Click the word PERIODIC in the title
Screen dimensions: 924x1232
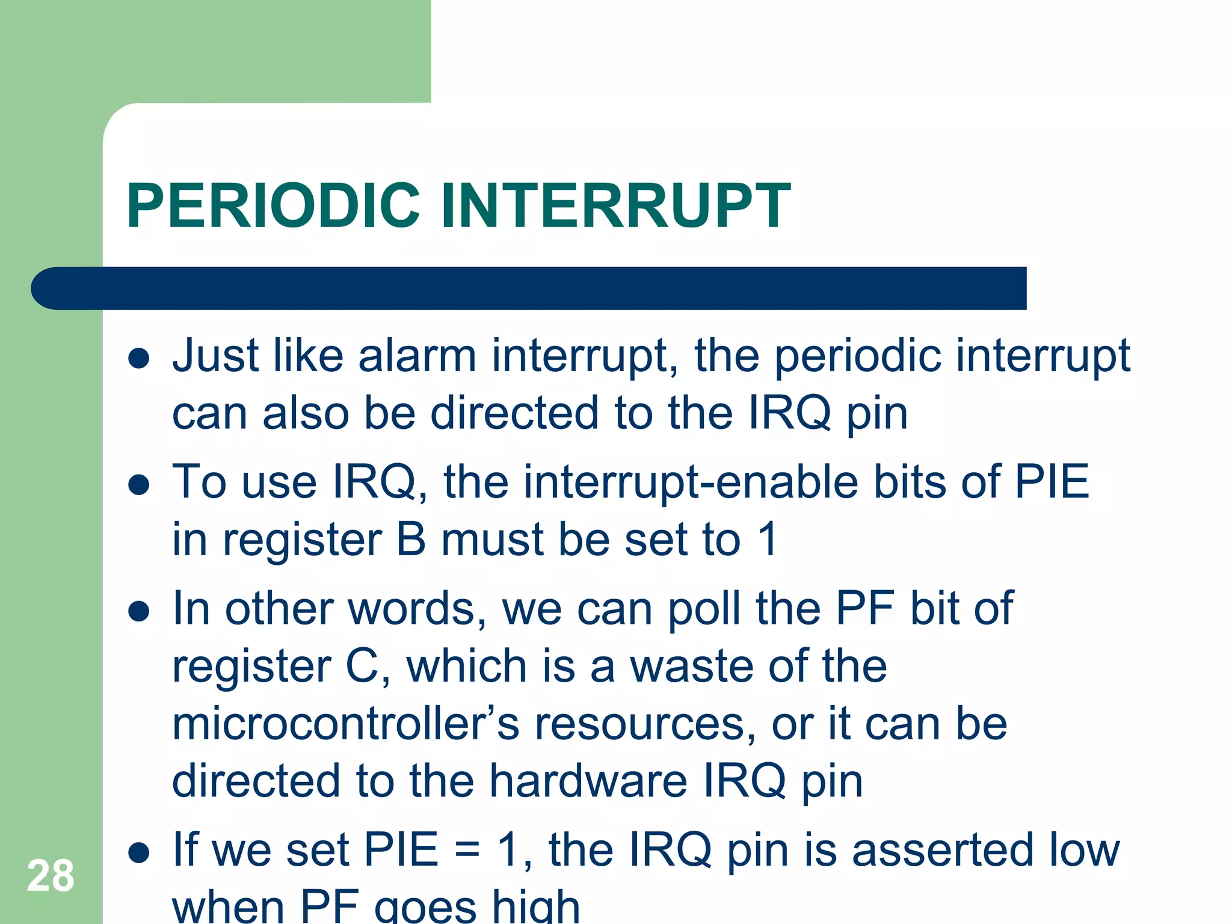pyautogui.click(x=273, y=206)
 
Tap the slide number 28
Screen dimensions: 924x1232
pyautogui.click(x=51, y=876)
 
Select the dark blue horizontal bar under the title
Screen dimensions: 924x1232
pyautogui.click(x=529, y=288)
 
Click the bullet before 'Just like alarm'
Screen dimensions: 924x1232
pyautogui.click(x=139, y=359)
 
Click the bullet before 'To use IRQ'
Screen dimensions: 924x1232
pyautogui.click(x=139, y=485)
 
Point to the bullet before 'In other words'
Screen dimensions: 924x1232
pyautogui.click(x=139, y=611)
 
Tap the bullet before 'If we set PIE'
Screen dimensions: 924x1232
pyautogui.click(x=139, y=852)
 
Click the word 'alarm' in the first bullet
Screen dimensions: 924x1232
pyautogui.click(x=417, y=356)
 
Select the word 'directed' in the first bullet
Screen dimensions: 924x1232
pyautogui.click(x=514, y=414)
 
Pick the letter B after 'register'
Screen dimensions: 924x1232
pyautogui.click(x=411, y=540)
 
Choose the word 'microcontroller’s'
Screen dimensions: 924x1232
pyautogui.click(x=345, y=724)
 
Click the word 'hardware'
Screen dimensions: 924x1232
pyautogui.click(x=588, y=781)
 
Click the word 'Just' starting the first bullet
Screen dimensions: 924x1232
pyautogui.click(x=215, y=356)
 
